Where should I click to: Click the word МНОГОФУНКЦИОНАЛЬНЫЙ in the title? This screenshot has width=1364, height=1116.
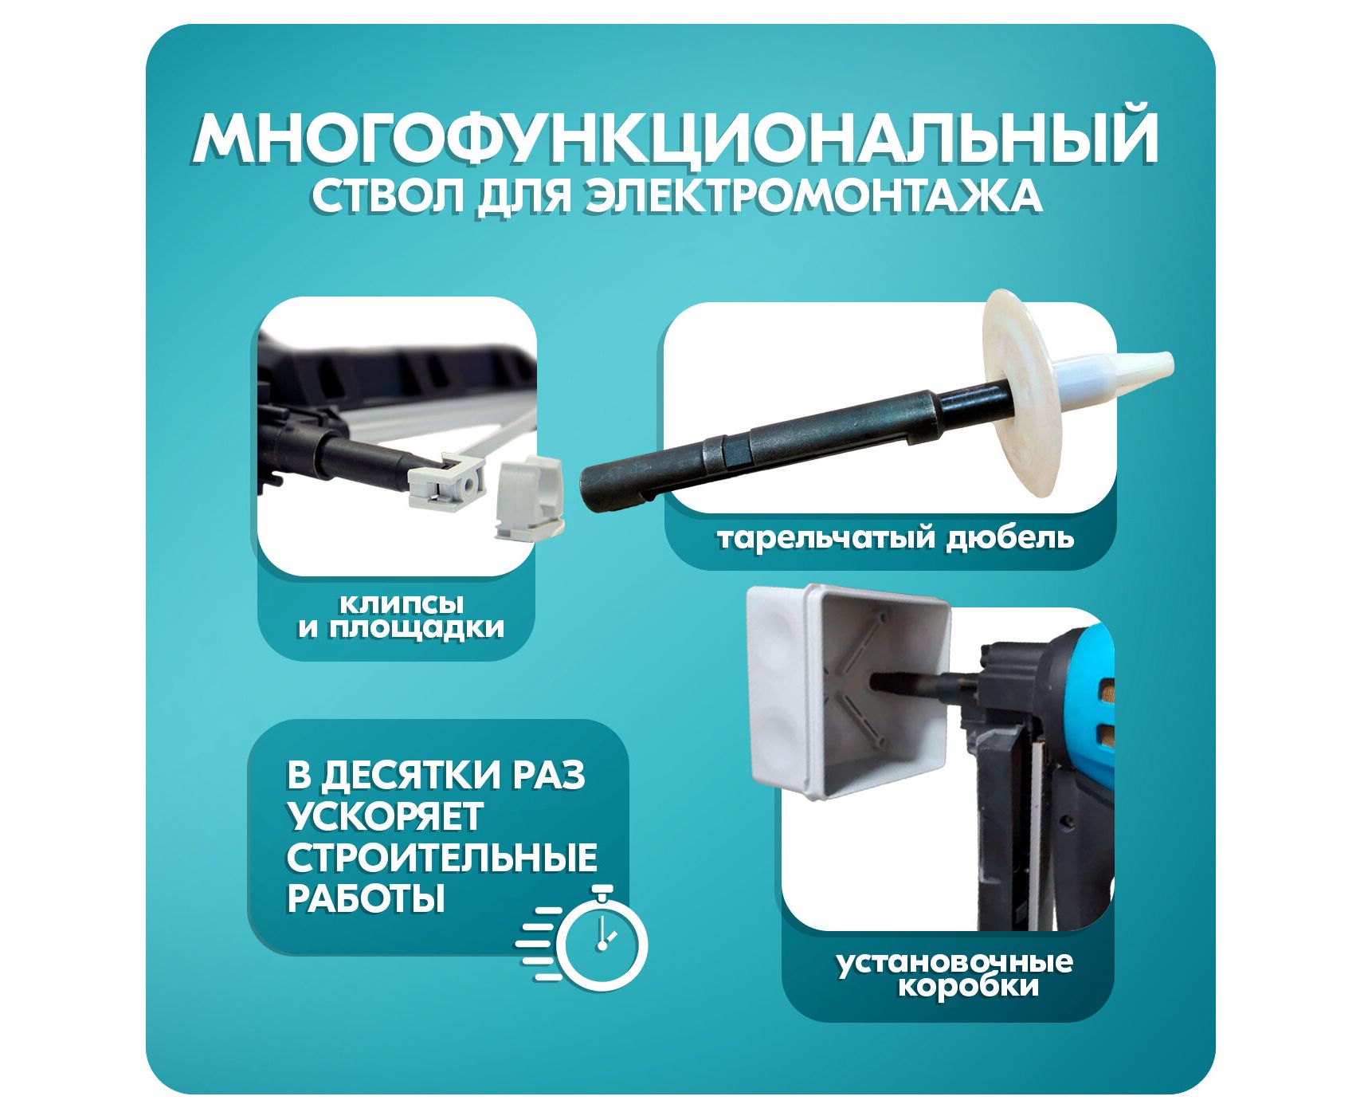click(676, 138)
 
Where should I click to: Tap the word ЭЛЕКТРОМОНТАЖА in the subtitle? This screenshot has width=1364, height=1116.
click(813, 196)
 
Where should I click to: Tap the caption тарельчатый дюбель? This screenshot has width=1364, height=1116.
click(896, 538)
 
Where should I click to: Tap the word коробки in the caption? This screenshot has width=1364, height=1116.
click(969, 987)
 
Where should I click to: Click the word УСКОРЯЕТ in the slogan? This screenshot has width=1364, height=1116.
click(384, 816)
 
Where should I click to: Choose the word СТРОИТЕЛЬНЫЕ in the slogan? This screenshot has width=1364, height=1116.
click(441, 858)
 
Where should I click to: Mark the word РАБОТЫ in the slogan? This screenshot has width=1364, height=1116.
click(365, 898)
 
